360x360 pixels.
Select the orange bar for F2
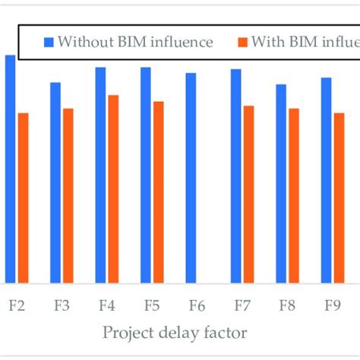pyautogui.click(x=23, y=197)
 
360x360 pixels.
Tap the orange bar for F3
pyautogui.click(x=68, y=195)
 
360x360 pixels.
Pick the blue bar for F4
pyautogui.click(x=100, y=175)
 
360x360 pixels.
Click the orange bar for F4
pyautogui.click(x=113, y=188)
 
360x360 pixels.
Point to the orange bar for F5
pyautogui.click(x=158, y=191)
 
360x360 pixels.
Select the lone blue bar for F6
pyautogui.click(x=191, y=178)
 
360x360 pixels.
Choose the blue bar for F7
pyautogui.click(x=236, y=175)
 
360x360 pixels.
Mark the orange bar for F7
pyautogui.click(x=249, y=194)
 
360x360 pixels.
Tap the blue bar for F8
pyautogui.click(x=281, y=183)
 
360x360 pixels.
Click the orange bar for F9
pyautogui.click(x=339, y=197)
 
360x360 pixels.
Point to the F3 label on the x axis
pyautogui.click(x=62, y=306)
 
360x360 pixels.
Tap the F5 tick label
pyautogui.click(x=152, y=306)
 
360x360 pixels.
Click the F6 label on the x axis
pyautogui.click(x=197, y=306)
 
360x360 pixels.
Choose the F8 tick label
pyautogui.click(x=287, y=306)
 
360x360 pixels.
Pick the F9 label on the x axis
pyautogui.click(x=332, y=306)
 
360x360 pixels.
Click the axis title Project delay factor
pyautogui.click(x=175, y=332)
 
